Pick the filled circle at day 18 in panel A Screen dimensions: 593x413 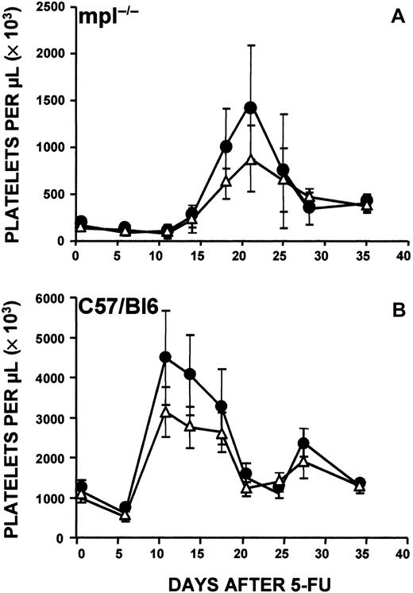pyautogui.click(x=226, y=146)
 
